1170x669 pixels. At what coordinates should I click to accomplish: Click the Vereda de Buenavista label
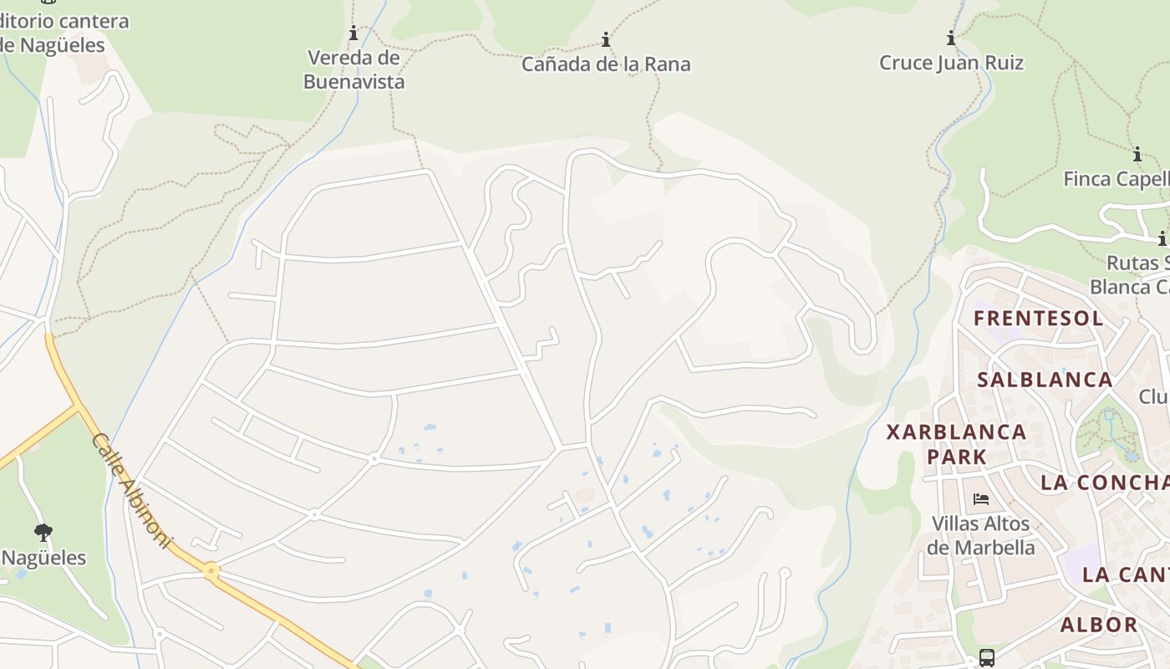coord(354,69)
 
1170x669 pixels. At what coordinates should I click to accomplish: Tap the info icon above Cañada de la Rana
coord(606,39)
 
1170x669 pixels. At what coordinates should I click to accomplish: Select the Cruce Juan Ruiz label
coord(951,63)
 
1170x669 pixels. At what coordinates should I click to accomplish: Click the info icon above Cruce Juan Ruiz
coord(951,38)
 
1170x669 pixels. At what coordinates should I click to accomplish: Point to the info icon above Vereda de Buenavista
coord(354,33)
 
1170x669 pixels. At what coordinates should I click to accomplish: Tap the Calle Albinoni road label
coord(131,490)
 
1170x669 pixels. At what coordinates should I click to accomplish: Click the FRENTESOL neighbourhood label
coord(1038,318)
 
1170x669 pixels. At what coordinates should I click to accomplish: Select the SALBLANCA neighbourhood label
coord(1045,380)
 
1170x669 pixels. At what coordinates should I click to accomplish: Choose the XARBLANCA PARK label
coord(956,444)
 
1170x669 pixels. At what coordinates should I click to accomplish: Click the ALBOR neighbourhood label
coord(1099,625)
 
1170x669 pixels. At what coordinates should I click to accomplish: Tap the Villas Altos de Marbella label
coord(981,536)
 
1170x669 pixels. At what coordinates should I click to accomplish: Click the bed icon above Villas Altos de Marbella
coord(981,499)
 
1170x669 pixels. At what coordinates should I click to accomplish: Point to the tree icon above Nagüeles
coord(43,532)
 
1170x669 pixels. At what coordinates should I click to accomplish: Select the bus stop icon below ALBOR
coord(987,657)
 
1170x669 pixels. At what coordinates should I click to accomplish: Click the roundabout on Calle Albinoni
coord(211,572)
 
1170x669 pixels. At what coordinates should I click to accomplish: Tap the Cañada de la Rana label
coord(606,64)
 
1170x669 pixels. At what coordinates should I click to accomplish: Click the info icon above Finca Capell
coord(1137,155)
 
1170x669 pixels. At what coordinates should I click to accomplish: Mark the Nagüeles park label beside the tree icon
coord(43,558)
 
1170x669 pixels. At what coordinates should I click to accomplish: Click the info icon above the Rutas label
coord(1162,238)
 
